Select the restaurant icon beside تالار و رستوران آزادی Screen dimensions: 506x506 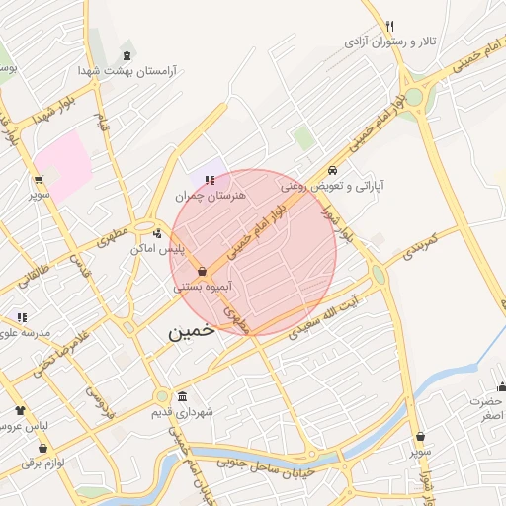390,26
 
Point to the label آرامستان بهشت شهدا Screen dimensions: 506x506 128,72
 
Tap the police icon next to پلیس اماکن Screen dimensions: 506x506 158,234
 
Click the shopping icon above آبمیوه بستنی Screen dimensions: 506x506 202,270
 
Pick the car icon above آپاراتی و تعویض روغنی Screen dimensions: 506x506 333,169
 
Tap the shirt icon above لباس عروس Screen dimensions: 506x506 20,409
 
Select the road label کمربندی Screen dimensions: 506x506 413,247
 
